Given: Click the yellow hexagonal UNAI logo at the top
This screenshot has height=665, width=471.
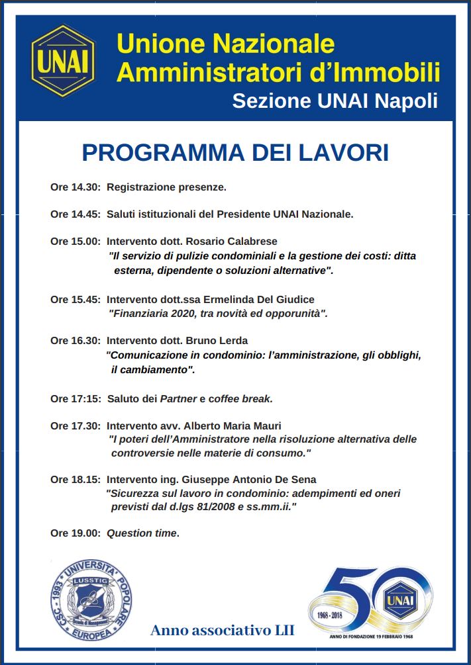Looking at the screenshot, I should [x=64, y=61].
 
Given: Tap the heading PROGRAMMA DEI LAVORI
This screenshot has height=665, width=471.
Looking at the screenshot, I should [x=235, y=152].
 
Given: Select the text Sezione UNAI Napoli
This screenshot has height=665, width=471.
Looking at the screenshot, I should [x=335, y=101].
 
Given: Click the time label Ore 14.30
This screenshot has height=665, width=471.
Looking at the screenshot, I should [x=75, y=187].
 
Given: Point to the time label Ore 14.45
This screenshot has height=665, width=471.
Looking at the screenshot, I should [x=75, y=214].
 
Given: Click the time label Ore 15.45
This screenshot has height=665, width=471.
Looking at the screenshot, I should [x=75, y=300].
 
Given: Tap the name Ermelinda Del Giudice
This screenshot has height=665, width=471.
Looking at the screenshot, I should [x=258, y=300].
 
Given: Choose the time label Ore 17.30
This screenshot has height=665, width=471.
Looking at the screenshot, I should [x=75, y=425].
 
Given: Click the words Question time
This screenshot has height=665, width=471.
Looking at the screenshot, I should [x=142, y=533].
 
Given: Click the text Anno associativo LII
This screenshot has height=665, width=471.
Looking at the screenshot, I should [x=222, y=630].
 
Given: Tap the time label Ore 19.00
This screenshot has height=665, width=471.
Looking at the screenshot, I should [x=75, y=533].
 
